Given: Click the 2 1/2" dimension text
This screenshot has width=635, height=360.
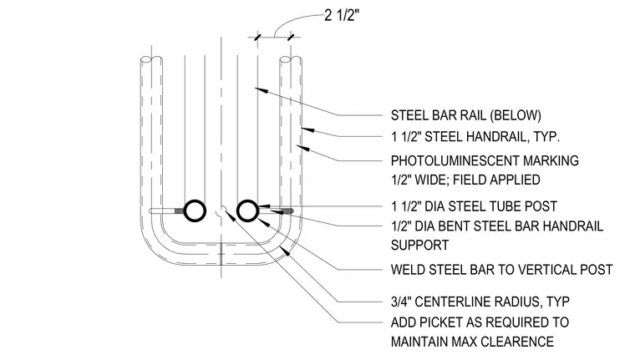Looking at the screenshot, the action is (342, 15).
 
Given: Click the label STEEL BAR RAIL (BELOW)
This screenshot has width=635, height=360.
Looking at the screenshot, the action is (465, 115).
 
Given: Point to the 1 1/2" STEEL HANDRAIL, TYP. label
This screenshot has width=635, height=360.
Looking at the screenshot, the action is (475, 137).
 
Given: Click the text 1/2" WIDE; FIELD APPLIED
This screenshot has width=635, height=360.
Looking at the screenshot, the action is (465, 180).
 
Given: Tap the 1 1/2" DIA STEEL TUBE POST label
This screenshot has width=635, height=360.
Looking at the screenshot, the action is (474, 206).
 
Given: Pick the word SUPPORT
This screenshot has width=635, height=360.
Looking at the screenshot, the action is (419, 246).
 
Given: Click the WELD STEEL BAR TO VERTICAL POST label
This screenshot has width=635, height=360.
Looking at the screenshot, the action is (502, 270).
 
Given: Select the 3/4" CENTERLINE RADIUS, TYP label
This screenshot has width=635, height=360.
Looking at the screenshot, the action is (480, 302).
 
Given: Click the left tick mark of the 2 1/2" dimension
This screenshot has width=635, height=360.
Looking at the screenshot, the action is (257, 38).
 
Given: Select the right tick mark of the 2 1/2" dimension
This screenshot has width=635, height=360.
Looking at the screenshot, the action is (291, 38).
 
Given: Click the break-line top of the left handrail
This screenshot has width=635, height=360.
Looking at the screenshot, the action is (151, 59).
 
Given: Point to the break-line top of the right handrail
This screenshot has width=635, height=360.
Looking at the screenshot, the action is (291, 59).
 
